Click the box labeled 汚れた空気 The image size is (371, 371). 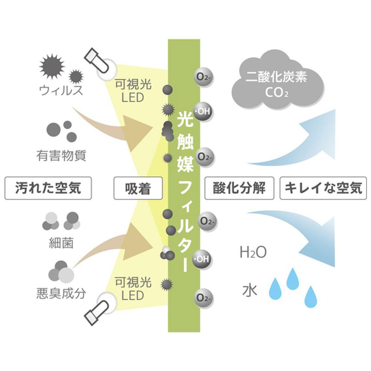coord(48,188)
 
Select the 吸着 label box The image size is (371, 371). coord(138,188)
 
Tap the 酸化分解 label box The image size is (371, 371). coord(239,188)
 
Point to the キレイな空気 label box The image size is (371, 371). coord(323,188)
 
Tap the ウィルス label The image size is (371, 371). coord(61,91)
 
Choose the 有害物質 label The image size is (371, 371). coord(61,155)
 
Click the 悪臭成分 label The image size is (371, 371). coord(61,293)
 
